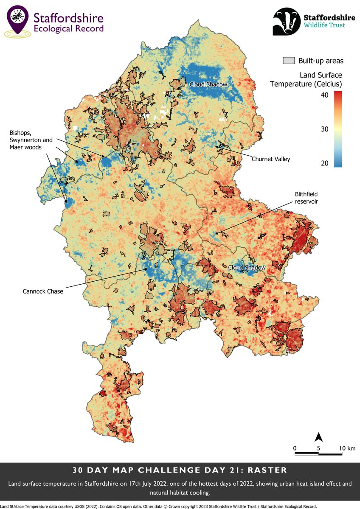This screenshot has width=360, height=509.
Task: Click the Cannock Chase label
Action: (x=42, y=291)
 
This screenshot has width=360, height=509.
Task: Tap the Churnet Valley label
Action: (x=271, y=159)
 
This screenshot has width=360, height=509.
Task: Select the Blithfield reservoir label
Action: (x=306, y=198)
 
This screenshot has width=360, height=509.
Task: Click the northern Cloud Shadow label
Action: (x=208, y=84)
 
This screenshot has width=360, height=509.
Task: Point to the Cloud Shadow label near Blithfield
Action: (x=247, y=268)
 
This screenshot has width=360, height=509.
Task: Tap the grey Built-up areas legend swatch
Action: (x=289, y=61)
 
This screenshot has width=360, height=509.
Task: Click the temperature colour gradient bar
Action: (x=338, y=129)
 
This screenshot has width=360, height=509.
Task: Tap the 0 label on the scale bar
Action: (x=295, y=448)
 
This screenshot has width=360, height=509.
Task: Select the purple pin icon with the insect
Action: (x=17, y=18)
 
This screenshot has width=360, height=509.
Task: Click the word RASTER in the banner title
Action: (x=269, y=470)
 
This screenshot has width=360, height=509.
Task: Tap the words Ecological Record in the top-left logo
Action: (x=68, y=29)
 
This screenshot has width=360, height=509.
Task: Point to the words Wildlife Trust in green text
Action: (x=324, y=25)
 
